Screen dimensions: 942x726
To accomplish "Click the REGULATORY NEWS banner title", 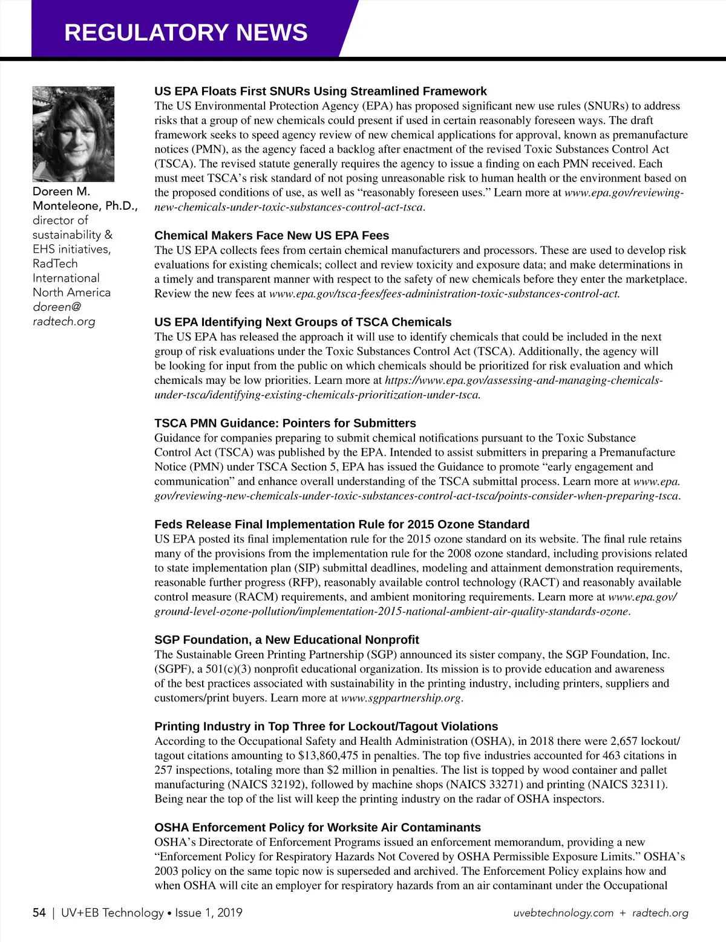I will pyautogui.click(x=186, y=33).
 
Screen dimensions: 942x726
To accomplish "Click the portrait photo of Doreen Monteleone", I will pyautogui.click(x=73, y=134).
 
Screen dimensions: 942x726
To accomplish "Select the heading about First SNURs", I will pyautogui.click(x=320, y=91).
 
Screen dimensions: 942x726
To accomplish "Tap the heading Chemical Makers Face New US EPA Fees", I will pyautogui.click(x=272, y=236).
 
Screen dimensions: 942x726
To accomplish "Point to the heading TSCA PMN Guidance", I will pyautogui.click(x=285, y=423).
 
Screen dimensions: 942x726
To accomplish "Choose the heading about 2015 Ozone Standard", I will pyautogui.click(x=342, y=524).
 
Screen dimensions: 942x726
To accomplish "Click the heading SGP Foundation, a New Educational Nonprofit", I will pyautogui.click(x=286, y=640).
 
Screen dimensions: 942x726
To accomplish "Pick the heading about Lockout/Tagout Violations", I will pyautogui.click(x=326, y=727).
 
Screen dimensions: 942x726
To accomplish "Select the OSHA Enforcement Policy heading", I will pyautogui.click(x=318, y=828).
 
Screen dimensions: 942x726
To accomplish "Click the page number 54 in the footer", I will pyautogui.click(x=39, y=913).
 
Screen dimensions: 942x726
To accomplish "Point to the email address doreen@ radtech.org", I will pyautogui.click(x=64, y=314).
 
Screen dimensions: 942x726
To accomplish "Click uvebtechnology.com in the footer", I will pyautogui.click(x=563, y=914).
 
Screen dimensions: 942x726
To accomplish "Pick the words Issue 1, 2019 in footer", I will pyautogui.click(x=209, y=913).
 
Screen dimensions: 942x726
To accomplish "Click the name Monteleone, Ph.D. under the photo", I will pyautogui.click(x=85, y=206).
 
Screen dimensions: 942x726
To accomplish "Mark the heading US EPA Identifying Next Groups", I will pyautogui.click(x=302, y=322).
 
